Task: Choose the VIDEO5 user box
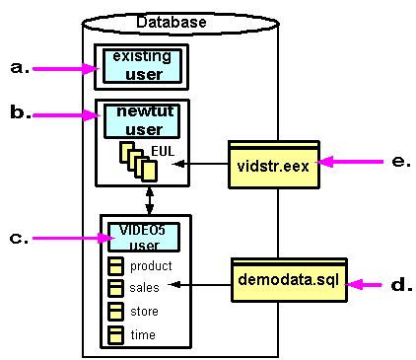pyautogui.click(x=144, y=236)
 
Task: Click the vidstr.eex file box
pyautogui.click(x=273, y=164)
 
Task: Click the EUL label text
pyautogui.click(x=164, y=150)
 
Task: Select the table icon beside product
pyautogui.click(x=115, y=266)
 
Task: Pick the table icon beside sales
pyautogui.click(x=115, y=288)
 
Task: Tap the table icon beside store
pyautogui.click(x=115, y=312)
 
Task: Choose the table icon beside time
pyautogui.click(x=115, y=334)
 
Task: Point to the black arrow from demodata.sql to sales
pyautogui.click(x=201, y=287)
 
